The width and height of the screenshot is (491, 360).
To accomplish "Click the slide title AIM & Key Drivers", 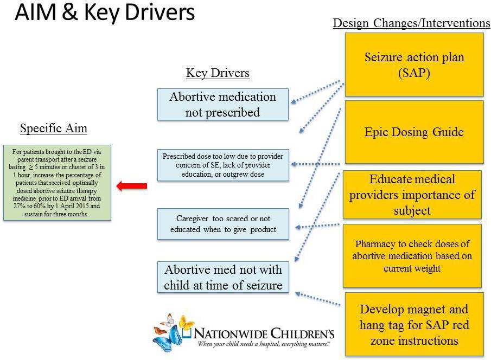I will click(104, 13).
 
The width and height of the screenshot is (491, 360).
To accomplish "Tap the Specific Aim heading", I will click(53, 128).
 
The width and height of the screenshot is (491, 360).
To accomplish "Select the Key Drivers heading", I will click(218, 73).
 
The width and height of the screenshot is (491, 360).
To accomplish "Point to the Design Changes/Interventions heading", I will click(411, 23).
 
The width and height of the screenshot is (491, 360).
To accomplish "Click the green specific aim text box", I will click(57, 182).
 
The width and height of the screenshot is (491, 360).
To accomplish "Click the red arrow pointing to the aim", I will click(132, 187).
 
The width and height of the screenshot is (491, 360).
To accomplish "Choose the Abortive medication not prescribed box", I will click(222, 104).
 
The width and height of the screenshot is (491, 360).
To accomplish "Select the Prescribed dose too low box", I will click(224, 165).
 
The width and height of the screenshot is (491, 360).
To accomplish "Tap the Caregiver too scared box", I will click(224, 224).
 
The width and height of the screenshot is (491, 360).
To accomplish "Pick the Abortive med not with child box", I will click(224, 277).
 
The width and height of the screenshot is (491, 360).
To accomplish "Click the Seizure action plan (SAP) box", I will click(414, 65).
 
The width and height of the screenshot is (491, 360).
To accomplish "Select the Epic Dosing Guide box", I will click(414, 132).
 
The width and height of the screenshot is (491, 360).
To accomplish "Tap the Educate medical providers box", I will click(412, 194).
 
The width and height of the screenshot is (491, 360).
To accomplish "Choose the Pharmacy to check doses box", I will click(412, 256).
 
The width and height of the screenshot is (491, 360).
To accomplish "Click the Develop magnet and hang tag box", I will click(414, 325).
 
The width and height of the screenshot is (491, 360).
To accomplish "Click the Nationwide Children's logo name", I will click(265, 333).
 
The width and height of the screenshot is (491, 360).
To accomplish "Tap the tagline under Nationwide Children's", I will click(265, 344).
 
